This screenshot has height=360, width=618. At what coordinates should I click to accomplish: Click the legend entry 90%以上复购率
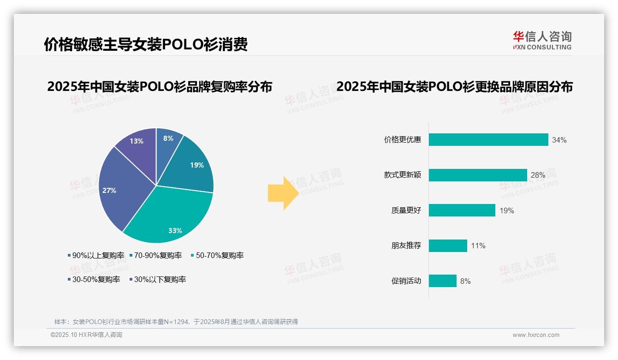(96, 255)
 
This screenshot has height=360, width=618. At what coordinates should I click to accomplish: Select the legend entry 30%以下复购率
(157, 279)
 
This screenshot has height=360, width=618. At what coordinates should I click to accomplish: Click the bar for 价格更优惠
(488, 140)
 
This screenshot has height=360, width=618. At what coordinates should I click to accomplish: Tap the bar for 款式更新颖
(477, 175)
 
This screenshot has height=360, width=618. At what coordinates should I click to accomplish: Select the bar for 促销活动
(442, 281)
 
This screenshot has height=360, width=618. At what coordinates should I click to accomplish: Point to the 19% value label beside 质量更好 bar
(506, 210)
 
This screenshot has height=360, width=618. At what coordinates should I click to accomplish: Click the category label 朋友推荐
(406, 246)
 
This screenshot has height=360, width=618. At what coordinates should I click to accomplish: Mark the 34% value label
(559, 140)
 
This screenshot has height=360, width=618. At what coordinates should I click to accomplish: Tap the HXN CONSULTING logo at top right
(542, 41)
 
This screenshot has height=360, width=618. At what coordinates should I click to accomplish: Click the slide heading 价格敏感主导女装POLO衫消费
(146, 44)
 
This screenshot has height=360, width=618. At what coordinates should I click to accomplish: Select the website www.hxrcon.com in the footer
(536, 335)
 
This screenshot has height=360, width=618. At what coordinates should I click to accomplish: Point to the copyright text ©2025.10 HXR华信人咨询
(86, 335)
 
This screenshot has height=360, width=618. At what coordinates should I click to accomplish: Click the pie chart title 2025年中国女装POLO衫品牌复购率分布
(160, 87)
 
